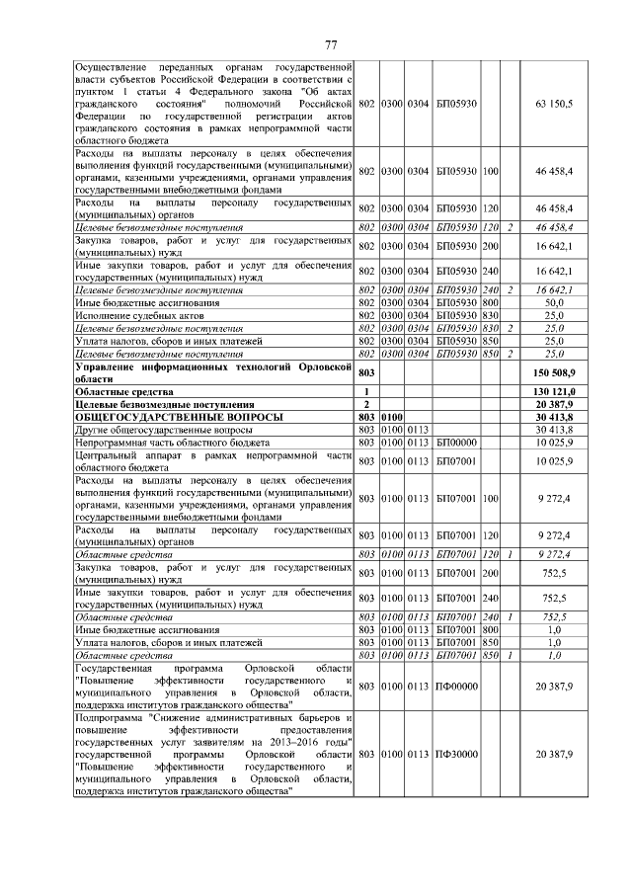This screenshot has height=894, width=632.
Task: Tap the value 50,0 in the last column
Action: pyautogui.click(x=553, y=302)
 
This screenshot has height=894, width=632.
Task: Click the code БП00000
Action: pyautogui.click(x=456, y=444)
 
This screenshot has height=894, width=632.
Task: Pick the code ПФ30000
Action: pyautogui.click(x=456, y=754)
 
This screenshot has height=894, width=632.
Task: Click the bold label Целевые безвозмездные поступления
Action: pyautogui.click(x=165, y=405)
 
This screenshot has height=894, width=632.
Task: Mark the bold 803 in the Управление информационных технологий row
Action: pyautogui.click(x=366, y=373)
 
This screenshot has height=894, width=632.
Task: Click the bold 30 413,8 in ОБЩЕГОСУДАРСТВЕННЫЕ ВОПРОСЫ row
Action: pyautogui.click(x=553, y=418)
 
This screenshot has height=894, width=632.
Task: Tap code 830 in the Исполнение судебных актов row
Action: pyautogui.click(x=489, y=315)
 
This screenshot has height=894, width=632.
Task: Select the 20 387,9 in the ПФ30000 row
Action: pyautogui.click(x=553, y=754)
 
